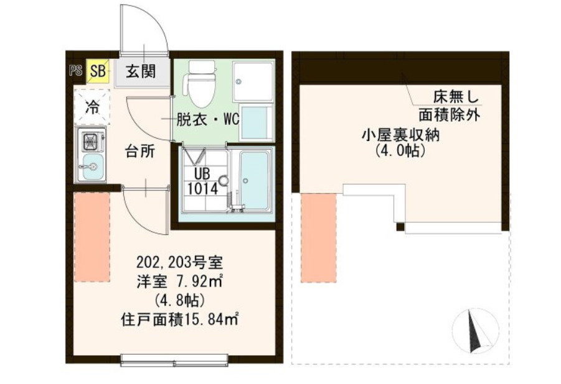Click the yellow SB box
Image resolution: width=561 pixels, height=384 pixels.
(98, 70)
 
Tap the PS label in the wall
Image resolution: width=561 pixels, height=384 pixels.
(75, 70)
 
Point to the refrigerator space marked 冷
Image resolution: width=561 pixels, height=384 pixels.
(92, 106)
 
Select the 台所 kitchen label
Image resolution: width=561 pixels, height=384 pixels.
(139, 152)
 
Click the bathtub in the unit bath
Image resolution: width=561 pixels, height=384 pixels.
(253, 180)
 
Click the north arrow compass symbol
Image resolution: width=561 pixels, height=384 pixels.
(474, 329)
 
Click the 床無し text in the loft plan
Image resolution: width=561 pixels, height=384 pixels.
(456, 98)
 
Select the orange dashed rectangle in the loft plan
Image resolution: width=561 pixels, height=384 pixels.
(318, 237)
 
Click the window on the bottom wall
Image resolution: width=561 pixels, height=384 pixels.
(174, 359)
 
